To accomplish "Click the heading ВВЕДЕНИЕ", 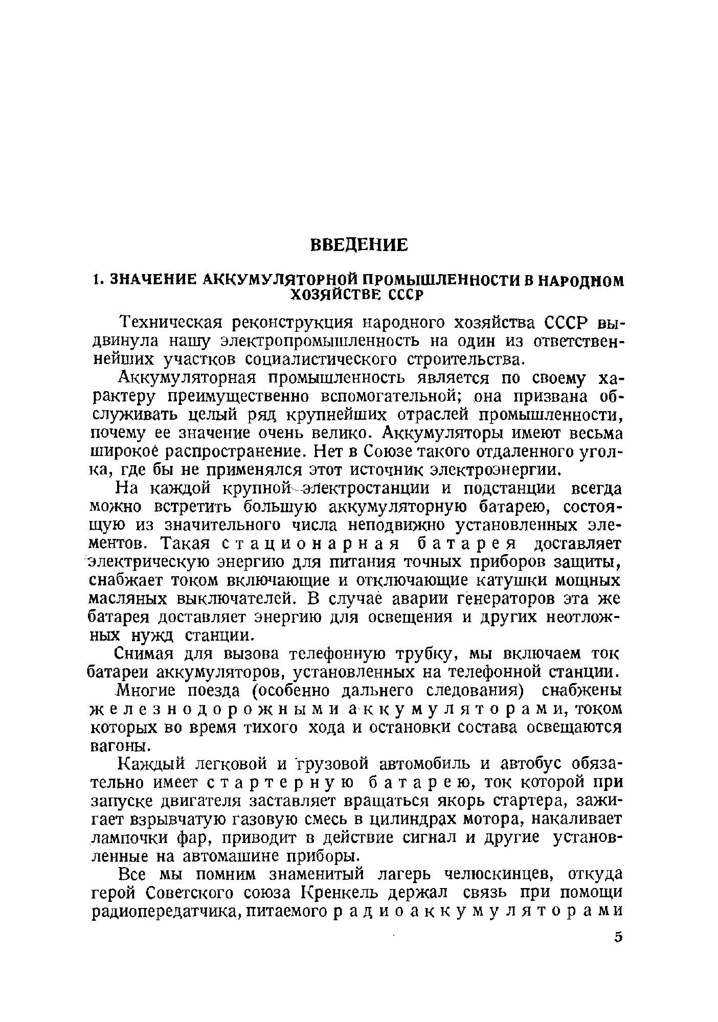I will click(x=360, y=245).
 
